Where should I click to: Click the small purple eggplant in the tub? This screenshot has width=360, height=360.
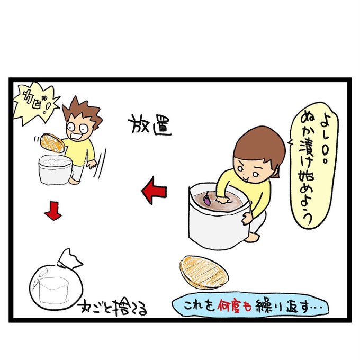[206, 200]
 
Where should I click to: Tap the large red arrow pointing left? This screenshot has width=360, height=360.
[154, 191]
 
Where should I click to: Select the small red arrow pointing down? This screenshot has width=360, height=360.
[53, 211]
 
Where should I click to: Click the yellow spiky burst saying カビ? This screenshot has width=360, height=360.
[35, 103]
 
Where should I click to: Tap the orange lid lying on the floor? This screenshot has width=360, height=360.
[204, 272]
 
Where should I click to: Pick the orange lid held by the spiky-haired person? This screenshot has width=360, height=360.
[52, 143]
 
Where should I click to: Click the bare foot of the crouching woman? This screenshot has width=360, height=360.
[252, 237]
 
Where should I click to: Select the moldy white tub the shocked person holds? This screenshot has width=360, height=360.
[55, 169]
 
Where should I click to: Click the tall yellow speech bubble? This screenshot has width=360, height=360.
[313, 165]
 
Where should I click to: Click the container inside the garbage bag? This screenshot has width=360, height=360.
[53, 290]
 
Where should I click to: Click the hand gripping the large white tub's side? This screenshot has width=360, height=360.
[247, 218]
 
